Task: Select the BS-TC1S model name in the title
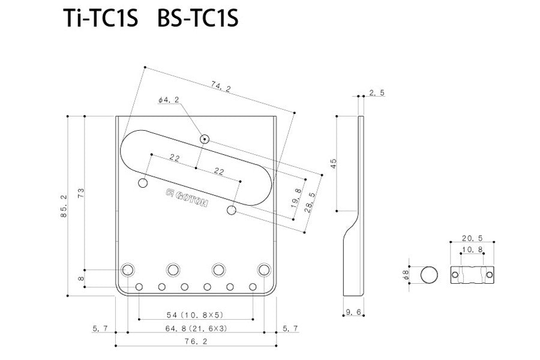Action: tap(197, 19)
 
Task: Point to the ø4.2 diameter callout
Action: tap(169, 101)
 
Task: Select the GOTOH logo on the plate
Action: tap(187, 197)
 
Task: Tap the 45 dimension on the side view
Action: tap(333, 162)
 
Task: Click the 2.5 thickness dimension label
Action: tap(377, 92)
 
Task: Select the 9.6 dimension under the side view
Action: tap(353, 311)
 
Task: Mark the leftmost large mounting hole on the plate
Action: tap(128, 269)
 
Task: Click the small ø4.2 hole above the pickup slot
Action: tap(205, 139)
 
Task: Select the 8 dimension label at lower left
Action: tap(80, 279)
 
